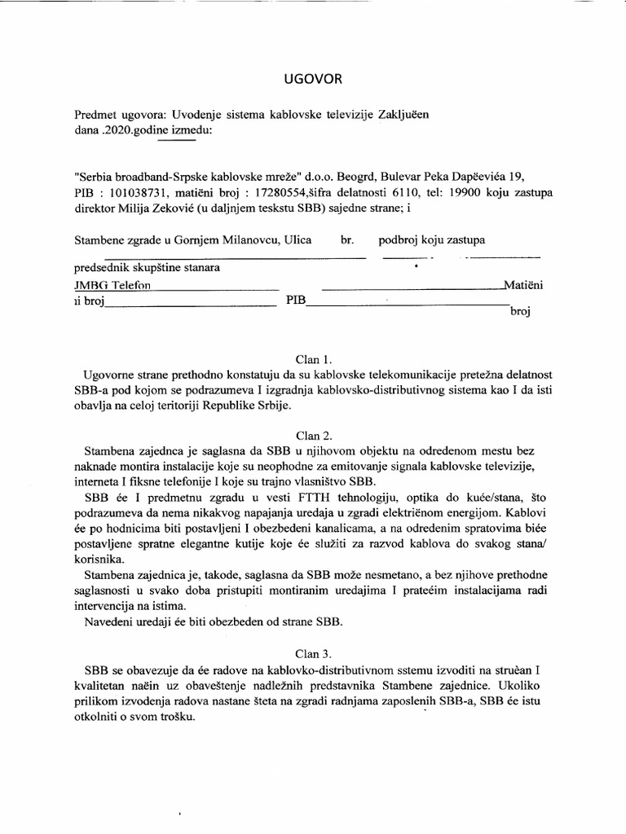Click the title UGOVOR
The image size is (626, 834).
pyautogui.click(x=313, y=79)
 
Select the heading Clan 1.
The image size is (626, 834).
pyautogui.click(x=313, y=358)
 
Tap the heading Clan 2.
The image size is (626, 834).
pyautogui.click(x=313, y=435)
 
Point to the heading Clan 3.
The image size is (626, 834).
pyautogui.click(x=313, y=653)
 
